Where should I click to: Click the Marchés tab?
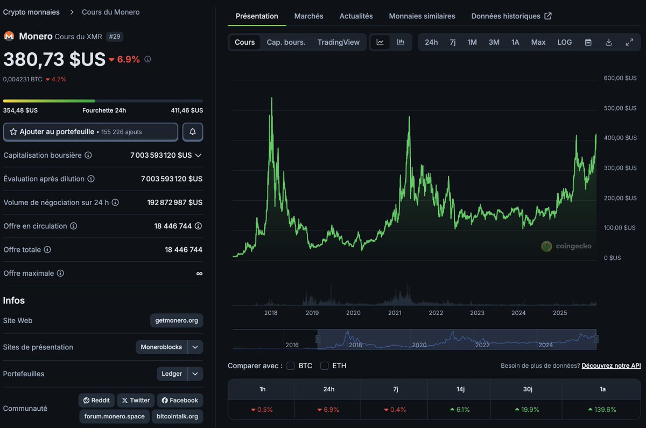point(308,16)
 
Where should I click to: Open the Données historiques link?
point(511,16)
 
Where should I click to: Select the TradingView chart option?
point(338,42)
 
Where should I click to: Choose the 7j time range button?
point(453,42)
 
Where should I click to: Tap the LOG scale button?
point(564,42)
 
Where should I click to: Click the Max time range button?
point(538,42)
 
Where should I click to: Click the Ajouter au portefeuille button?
point(90,132)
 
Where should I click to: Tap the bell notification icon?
point(193,132)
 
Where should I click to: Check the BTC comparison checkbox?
point(291,366)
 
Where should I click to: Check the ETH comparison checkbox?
point(325,366)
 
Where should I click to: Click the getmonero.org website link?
point(177,320)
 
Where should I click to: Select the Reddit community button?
point(96,400)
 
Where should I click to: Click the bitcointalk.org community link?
point(177,416)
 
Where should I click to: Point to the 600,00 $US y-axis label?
point(620,78)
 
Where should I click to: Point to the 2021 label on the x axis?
point(395,313)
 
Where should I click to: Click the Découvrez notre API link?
point(611,366)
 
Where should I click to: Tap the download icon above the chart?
point(609,42)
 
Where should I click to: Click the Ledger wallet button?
point(172,374)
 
